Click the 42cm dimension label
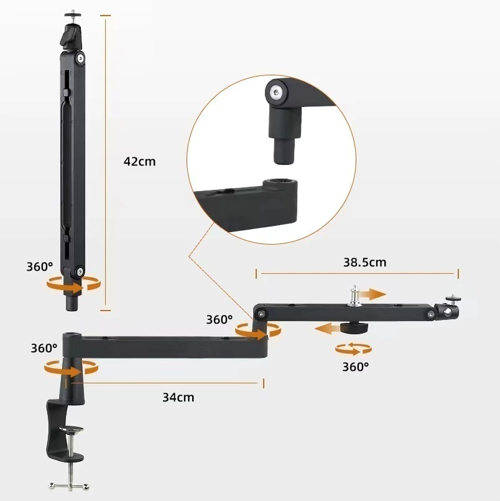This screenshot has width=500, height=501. point(139,161)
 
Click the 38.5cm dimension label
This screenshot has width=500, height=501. point(364,262)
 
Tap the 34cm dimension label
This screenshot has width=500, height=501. point(178,397)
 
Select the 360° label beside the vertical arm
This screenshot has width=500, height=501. point(40,266)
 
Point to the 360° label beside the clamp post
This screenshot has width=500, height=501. point(44,348)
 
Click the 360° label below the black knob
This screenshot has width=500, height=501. point(355,367)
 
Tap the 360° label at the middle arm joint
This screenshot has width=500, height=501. point(220,319)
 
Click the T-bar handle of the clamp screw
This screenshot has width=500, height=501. point(69,486)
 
